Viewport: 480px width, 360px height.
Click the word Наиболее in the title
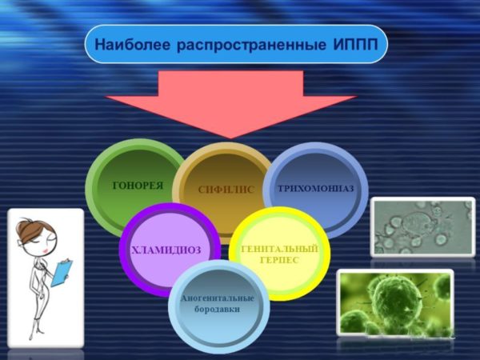132,44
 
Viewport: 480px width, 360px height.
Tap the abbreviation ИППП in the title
355,44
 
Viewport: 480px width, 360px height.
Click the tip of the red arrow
231,138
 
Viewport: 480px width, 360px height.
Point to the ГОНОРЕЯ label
138,186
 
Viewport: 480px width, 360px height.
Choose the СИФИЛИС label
226,190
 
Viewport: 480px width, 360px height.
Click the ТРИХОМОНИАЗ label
316,188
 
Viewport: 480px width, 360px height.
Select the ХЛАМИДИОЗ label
166,250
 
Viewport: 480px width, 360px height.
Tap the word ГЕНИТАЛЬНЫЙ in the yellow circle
279,249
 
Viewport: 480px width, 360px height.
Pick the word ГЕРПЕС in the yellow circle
279,260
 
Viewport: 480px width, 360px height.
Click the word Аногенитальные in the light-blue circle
218,298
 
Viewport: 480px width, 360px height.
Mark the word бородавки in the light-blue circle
217,309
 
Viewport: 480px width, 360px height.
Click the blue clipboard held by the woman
62,273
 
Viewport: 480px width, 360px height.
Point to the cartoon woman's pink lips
46,250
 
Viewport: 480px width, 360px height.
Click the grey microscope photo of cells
422,227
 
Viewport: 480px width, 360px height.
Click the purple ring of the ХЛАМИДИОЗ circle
124,250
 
